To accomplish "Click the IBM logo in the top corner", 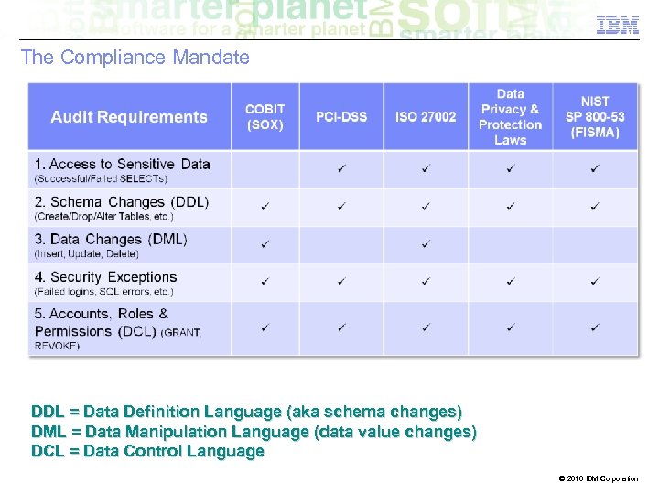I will (618, 25).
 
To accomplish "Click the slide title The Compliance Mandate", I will (135, 58).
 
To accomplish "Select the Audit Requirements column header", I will (129, 117).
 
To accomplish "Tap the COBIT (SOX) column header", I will (265, 117).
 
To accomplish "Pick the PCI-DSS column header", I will (341, 117).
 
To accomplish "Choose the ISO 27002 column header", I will (426, 117).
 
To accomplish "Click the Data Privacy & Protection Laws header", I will (510, 117).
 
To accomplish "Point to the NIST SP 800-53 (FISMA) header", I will (595, 117).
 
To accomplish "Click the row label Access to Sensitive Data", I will (123, 165).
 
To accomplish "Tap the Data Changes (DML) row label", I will (111, 240).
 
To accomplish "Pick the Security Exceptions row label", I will (106, 277).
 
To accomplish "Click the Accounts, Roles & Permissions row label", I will (103, 322).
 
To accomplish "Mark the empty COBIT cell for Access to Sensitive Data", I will (265, 169).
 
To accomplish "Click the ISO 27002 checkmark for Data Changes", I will (426, 244).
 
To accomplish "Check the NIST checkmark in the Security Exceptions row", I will (595, 282).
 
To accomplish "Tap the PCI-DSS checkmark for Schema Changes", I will (341, 207).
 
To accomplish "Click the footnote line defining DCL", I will (147, 451).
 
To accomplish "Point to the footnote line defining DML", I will (254, 432).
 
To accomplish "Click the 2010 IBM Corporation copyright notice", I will (597, 478).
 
